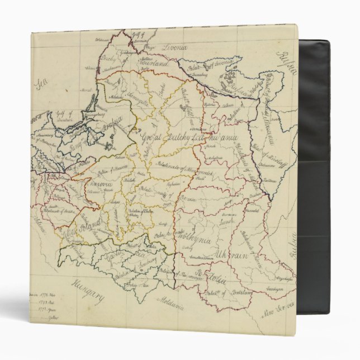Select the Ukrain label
(x=229, y=254)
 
